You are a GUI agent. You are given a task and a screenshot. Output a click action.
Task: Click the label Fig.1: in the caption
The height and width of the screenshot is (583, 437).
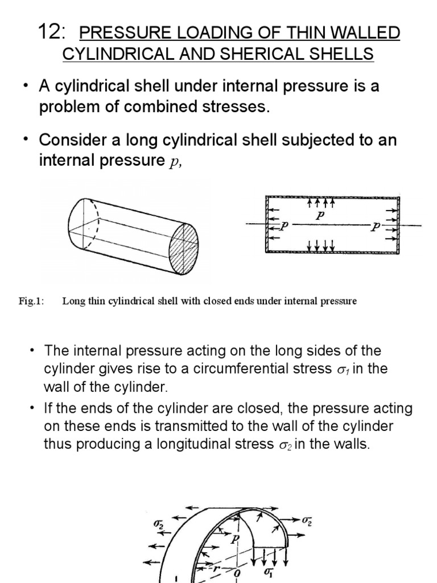click(x=31, y=301)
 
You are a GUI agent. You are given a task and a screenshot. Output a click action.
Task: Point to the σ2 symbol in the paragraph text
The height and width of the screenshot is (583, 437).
click(x=283, y=445)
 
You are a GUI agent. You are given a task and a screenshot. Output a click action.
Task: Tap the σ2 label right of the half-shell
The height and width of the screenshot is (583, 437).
click(x=307, y=520)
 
